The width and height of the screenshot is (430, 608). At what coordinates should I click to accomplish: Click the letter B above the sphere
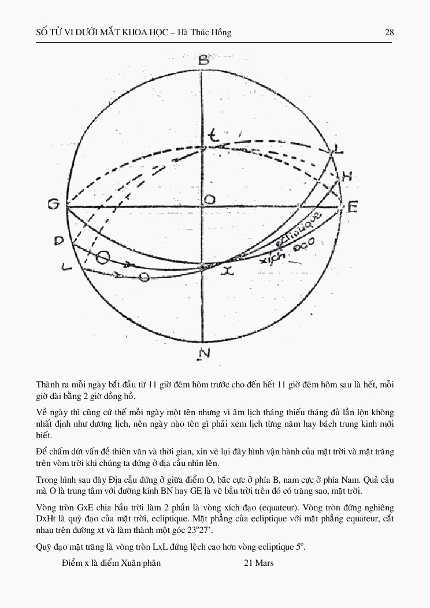pyautogui.click(x=203, y=60)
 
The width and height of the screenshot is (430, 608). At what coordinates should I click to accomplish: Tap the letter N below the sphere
pyautogui.click(x=203, y=353)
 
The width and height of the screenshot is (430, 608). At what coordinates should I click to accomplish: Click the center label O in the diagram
pyautogui.click(x=210, y=199)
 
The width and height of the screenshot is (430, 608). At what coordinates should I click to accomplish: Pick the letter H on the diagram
pyautogui.click(x=347, y=177)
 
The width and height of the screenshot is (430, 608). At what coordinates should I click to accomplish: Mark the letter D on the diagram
pyautogui.click(x=58, y=240)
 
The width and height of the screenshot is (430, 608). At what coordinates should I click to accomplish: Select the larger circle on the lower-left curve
pyautogui.click(x=102, y=258)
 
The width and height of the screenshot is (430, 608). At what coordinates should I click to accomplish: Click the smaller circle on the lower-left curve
pyautogui.click(x=144, y=278)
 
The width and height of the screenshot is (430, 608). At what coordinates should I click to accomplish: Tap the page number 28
pyautogui.click(x=389, y=32)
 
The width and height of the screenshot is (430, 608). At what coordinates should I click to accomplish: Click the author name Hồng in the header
pyautogui.click(x=220, y=32)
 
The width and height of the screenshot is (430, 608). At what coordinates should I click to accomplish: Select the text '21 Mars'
pyautogui.click(x=259, y=563)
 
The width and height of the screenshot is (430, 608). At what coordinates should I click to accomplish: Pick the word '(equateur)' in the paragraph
pyautogui.click(x=242, y=508)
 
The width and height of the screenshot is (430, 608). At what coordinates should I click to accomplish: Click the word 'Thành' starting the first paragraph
pyautogui.click(x=47, y=385)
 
